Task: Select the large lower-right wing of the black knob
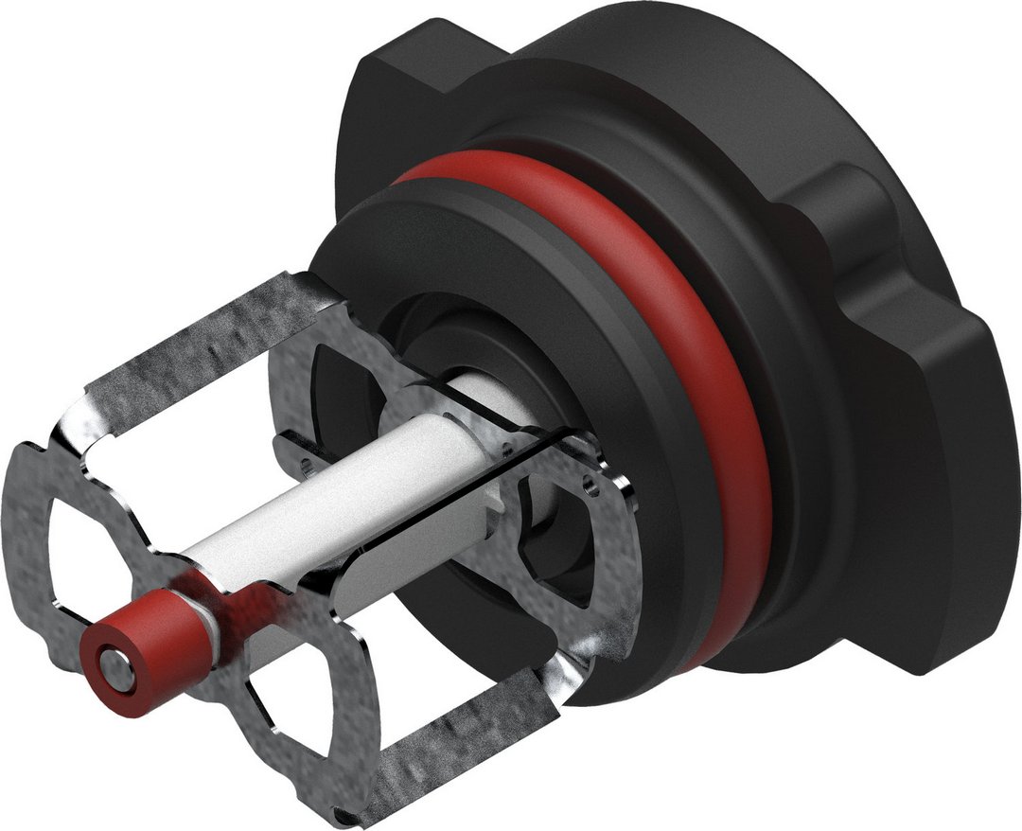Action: pos(908,530)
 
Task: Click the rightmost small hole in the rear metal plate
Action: pos(592,483)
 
